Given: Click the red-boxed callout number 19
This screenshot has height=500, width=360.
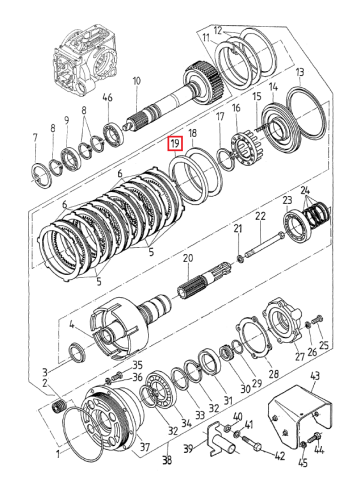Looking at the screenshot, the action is (175, 144).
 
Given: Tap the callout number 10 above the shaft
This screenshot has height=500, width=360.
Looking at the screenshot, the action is (137, 81).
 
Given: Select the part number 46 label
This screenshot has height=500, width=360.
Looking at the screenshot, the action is (107, 97).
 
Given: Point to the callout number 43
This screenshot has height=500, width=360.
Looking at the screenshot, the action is (315, 376).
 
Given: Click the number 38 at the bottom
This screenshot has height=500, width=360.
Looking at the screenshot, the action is (167, 460).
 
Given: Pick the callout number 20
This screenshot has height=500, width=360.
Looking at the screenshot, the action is (188, 258).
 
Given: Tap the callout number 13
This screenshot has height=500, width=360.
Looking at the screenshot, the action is (300, 72).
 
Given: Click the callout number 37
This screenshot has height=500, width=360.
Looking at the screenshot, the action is (145, 447).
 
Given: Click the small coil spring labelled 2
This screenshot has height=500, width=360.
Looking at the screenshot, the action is (60, 407).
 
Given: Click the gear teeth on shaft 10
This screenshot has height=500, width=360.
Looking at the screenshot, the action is (203, 78).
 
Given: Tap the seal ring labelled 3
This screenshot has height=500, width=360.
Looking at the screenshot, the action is (77, 353).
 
